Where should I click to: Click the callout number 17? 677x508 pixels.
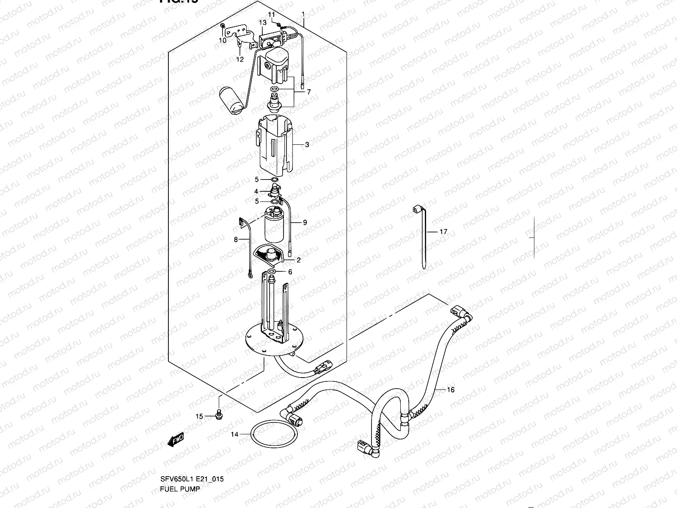click(x=443, y=232)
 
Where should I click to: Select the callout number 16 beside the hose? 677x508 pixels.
click(x=451, y=389)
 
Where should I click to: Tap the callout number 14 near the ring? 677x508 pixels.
click(x=234, y=434)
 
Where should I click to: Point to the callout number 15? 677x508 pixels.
click(x=199, y=417)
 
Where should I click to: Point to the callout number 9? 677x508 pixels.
click(x=305, y=222)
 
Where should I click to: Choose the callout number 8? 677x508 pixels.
click(x=236, y=240)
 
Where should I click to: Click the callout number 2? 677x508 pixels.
click(x=298, y=260)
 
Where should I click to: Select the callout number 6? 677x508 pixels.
click(x=290, y=272)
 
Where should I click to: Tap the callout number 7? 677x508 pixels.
click(x=308, y=92)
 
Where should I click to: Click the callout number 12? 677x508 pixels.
click(x=240, y=59)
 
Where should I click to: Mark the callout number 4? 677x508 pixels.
click(x=256, y=192)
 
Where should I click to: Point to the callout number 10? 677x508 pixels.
click(x=222, y=41)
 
